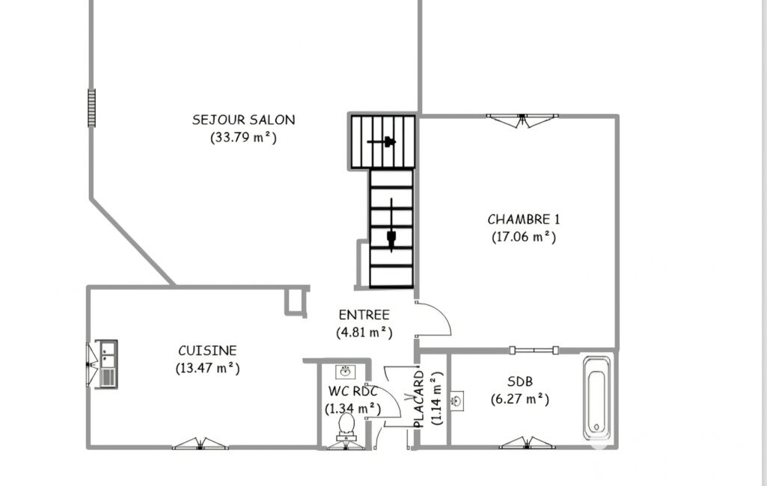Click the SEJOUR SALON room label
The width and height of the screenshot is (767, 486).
pyautogui.click(x=244, y=120)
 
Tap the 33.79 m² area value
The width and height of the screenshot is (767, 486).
pyautogui.click(x=244, y=138)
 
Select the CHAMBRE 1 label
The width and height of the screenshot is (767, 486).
pyautogui.click(x=523, y=219)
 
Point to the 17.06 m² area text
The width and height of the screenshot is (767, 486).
pyautogui.click(x=524, y=236)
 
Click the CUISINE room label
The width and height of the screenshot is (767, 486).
pyautogui.click(x=207, y=351)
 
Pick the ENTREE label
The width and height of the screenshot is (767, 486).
pyautogui.click(x=364, y=315)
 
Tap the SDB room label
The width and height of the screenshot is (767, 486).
pyautogui.click(x=520, y=381)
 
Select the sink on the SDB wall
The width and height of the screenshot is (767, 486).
pyautogui.click(x=457, y=401)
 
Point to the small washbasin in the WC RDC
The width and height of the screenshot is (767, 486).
pyautogui.click(x=346, y=372)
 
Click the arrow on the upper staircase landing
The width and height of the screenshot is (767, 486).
pyautogui.click(x=382, y=142)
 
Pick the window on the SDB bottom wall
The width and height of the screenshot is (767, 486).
pyautogui.click(x=528, y=443)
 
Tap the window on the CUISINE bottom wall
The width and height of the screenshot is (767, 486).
pyautogui.click(x=200, y=443)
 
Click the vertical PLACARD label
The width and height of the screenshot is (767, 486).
pyautogui.click(x=419, y=399)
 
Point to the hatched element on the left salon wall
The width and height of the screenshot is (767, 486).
pyautogui.click(x=91, y=108)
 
